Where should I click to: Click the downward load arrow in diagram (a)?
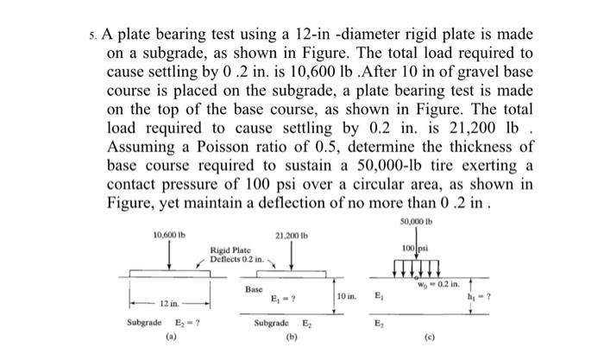click(167, 256)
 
